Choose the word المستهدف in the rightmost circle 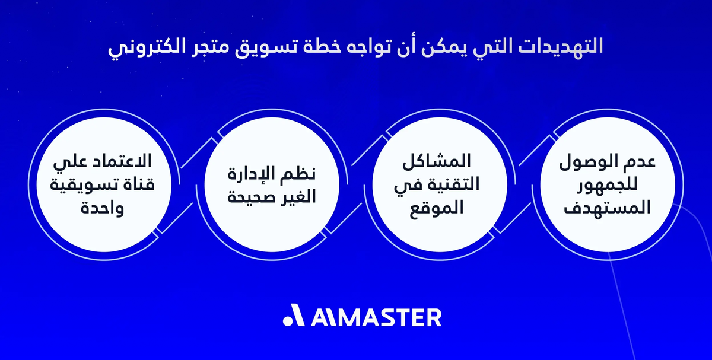(x=607, y=208)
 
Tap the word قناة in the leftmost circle (x=136, y=185)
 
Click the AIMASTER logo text (x=376, y=317)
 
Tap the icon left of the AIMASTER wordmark (x=294, y=317)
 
